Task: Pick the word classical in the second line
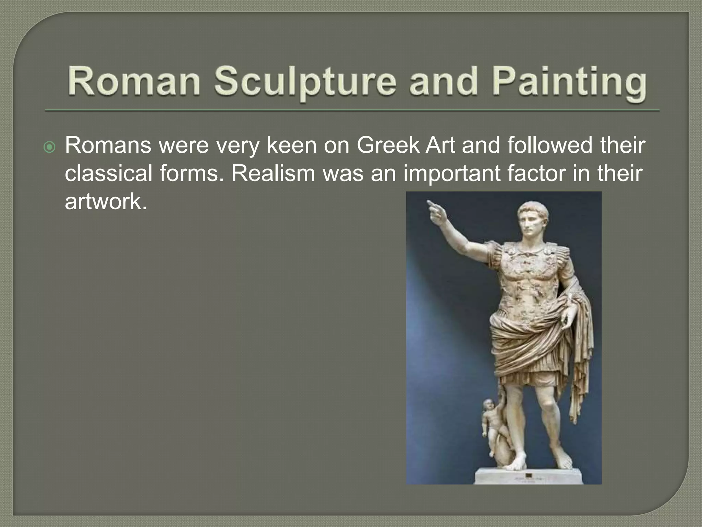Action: pos(108,173)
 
